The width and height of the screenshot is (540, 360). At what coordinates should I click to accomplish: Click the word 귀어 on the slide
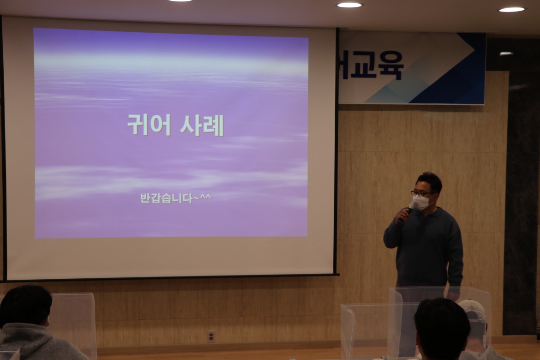(149, 125)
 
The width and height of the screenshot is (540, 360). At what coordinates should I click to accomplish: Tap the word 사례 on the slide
(202, 125)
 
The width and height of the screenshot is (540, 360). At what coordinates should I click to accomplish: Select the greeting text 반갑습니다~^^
(175, 198)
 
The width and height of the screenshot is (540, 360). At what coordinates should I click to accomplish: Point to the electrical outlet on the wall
(211, 336)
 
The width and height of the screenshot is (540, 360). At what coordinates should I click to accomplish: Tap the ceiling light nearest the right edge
(512, 9)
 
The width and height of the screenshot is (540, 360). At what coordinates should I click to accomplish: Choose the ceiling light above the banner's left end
(349, 5)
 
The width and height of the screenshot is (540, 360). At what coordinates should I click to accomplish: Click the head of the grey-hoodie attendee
(25, 305)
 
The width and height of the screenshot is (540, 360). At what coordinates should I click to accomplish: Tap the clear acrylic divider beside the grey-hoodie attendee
(74, 324)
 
